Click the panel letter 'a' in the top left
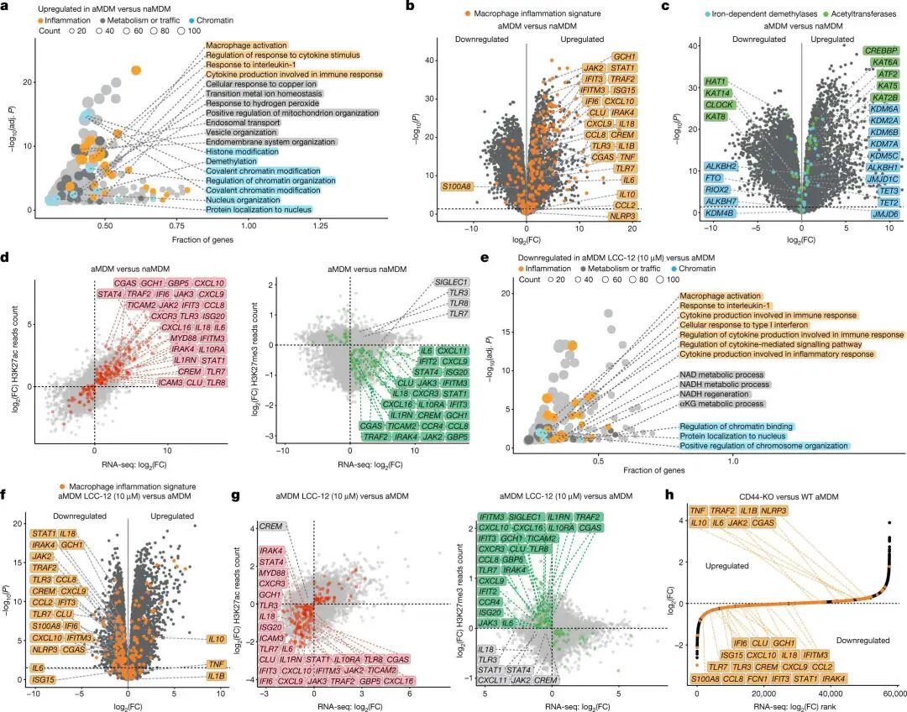[8, 7]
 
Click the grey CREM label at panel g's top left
[271, 526]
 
